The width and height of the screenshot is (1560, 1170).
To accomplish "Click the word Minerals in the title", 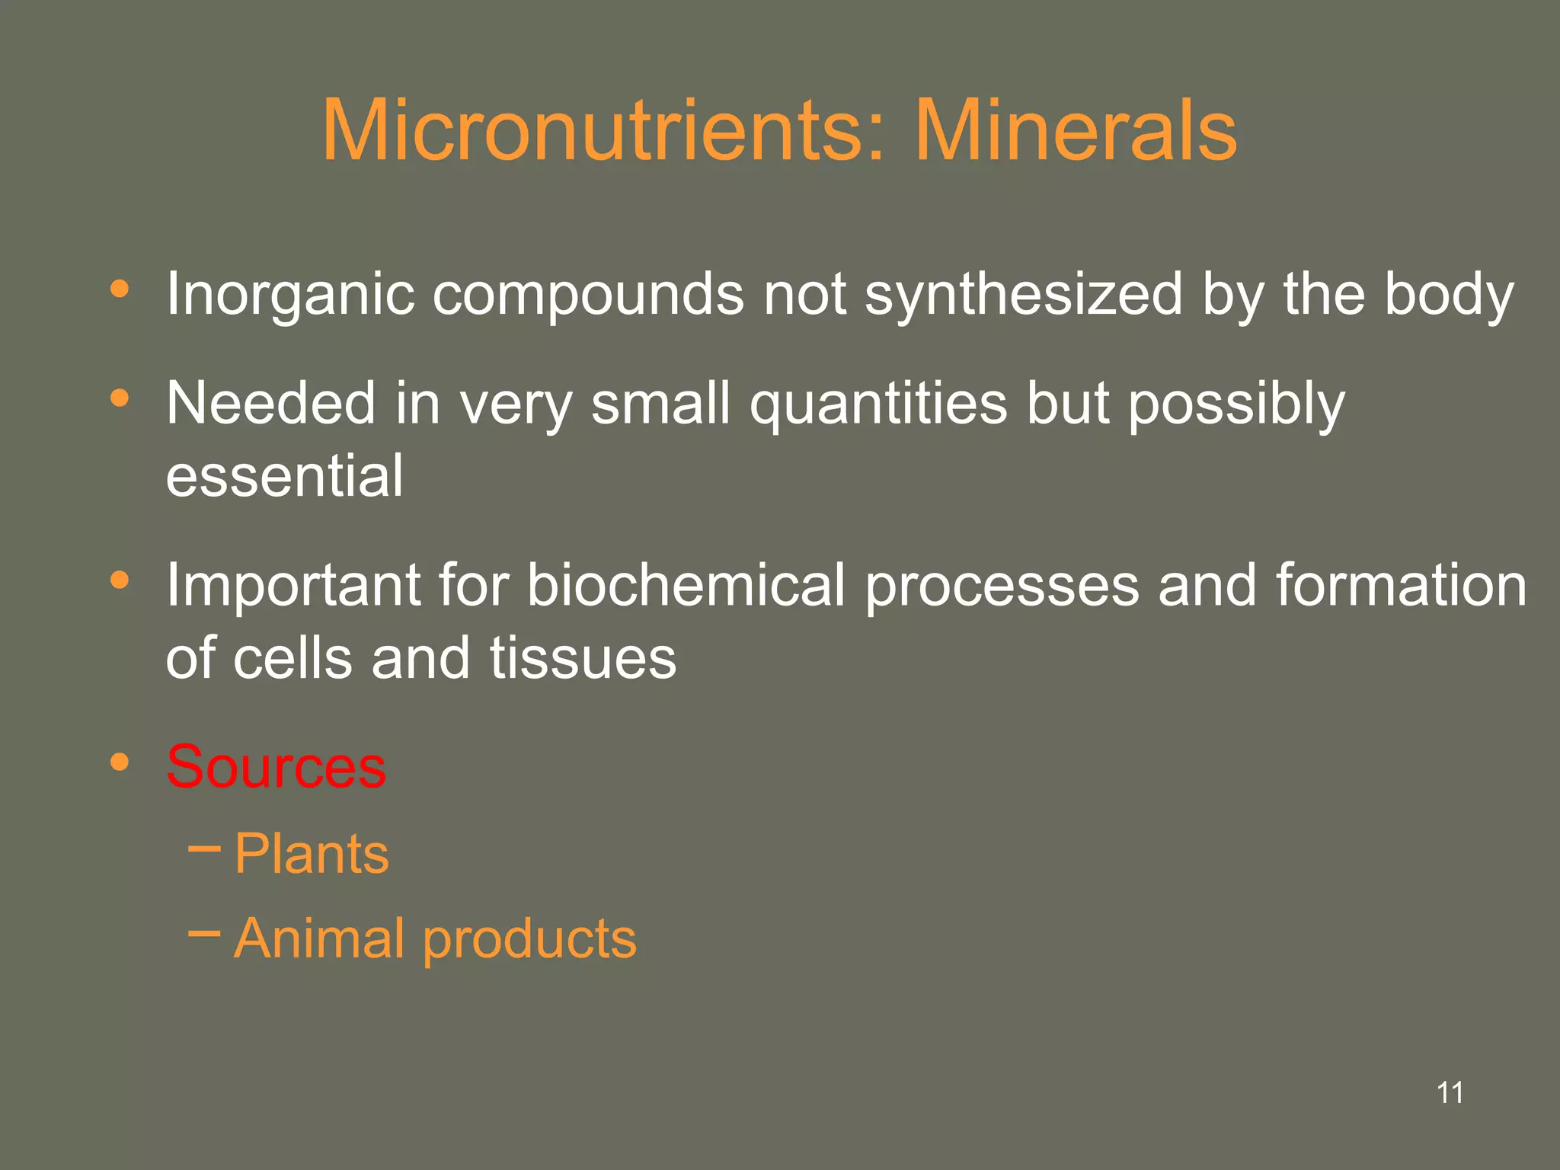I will point(1075,131).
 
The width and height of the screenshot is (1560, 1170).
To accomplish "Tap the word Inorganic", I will point(290,295).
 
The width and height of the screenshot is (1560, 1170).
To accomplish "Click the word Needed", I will point(270,403).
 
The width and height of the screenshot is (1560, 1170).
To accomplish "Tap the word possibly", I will point(1236,404).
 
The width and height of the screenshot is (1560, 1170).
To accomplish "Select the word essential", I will point(284,475).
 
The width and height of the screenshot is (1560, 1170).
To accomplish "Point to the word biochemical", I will point(686,584).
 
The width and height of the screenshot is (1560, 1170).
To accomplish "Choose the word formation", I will point(1401,584).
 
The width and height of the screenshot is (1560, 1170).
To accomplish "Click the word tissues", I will point(583,657).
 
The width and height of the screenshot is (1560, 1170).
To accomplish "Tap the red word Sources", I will point(277,766).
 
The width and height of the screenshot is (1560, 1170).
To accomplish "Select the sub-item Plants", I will point(312,853).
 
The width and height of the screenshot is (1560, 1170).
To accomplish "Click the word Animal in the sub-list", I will point(318,938).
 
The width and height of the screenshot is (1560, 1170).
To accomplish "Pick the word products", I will point(529,939).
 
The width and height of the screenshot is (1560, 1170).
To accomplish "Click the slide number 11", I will point(1450,1092).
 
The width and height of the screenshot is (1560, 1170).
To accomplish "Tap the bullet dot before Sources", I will point(120,762).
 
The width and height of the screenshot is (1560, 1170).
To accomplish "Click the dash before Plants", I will point(203,846).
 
